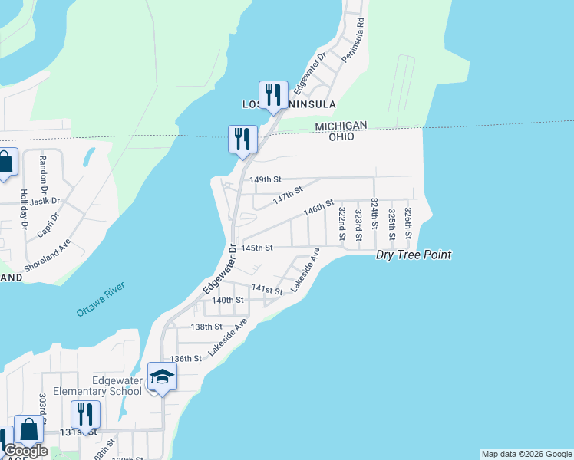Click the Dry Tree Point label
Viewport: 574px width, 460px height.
(x=413, y=255)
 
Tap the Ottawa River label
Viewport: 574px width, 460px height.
(x=100, y=301)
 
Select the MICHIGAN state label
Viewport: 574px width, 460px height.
(x=341, y=125)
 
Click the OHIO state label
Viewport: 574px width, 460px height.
(x=341, y=136)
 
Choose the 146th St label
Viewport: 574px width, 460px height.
(x=318, y=208)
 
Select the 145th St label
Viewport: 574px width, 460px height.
(x=257, y=248)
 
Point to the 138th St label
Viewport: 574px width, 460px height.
(x=206, y=326)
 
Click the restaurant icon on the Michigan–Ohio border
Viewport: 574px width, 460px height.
(x=242, y=140)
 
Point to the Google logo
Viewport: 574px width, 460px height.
(x=26, y=452)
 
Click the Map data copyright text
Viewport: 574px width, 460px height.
(x=526, y=454)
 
